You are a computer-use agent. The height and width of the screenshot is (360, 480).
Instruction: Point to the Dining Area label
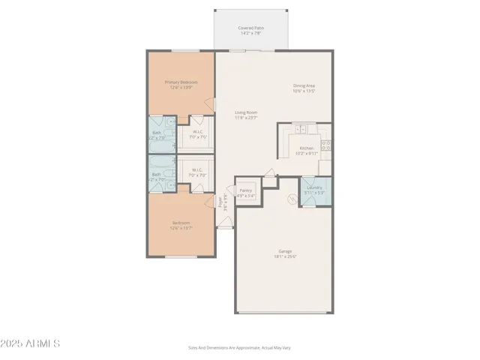pyautogui.click(x=304, y=85)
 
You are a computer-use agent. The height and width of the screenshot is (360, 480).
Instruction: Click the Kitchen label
pyautogui.click(x=307, y=148)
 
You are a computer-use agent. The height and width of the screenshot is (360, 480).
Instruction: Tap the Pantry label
pyautogui.click(x=245, y=190)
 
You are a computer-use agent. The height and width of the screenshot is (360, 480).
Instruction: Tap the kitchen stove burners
pyautogui.click(x=326, y=143)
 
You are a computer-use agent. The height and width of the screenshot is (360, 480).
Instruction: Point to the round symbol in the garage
pyautogui.click(x=293, y=199)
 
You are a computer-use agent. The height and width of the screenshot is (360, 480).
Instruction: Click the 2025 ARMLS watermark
pyautogui.click(x=31, y=344)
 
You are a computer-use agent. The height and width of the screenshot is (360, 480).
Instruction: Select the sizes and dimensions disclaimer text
pyautogui.click(x=240, y=348)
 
